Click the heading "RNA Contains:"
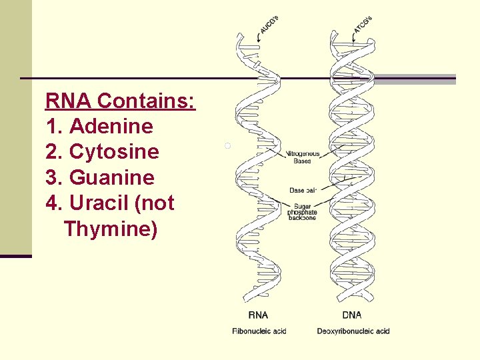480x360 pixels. [x=120, y=101]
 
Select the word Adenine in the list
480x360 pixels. [x=111, y=127]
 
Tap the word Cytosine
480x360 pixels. [x=114, y=152]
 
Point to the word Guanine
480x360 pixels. [x=111, y=178]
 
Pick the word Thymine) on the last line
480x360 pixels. [x=111, y=229]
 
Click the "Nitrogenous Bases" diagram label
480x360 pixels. [x=303, y=157]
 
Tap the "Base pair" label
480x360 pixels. [x=303, y=191]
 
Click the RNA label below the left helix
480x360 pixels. [x=259, y=315]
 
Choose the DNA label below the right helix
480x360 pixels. [x=351, y=315]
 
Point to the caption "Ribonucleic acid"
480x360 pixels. [x=259, y=331]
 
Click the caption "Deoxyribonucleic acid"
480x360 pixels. [x=353, y=331]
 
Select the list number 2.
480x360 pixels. [x=53, y=152]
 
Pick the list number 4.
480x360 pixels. [x=53, y=203]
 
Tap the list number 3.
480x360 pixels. [x=53, y=178]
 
